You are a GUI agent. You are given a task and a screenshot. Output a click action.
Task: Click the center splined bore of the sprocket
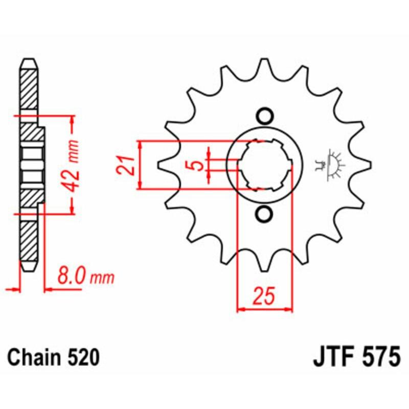coord(264,165)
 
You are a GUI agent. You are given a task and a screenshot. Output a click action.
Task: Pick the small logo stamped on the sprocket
coord(331,165)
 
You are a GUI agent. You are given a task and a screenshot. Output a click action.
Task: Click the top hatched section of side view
coord(29,87)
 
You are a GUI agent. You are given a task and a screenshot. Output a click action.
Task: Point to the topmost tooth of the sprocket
coord(264,66)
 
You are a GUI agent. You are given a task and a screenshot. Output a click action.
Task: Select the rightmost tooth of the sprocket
coord(364,165)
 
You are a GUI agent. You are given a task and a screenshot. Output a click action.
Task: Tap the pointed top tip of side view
coord(29,60)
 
